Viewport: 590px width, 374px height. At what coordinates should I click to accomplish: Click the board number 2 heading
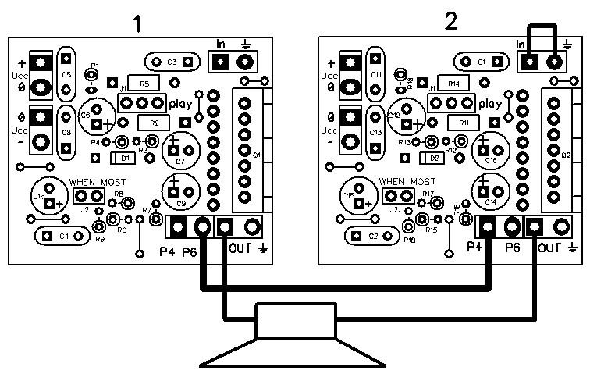coord(450,22)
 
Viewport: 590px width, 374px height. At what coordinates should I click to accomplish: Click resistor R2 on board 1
coord(154,123)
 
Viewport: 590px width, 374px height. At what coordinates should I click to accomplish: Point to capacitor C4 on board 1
coord(64,235)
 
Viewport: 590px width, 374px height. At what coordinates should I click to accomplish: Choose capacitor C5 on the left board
coord(66,75)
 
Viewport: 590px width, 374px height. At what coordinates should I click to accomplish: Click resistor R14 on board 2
coord(453,83)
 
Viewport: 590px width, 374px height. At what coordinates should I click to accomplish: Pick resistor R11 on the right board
coord(464,123)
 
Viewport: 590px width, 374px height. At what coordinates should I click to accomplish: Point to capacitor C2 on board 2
coord(373,235)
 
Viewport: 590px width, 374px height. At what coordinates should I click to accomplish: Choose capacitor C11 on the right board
coord(376,74)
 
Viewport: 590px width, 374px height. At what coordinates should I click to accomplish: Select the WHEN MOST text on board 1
coord(98,181)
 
